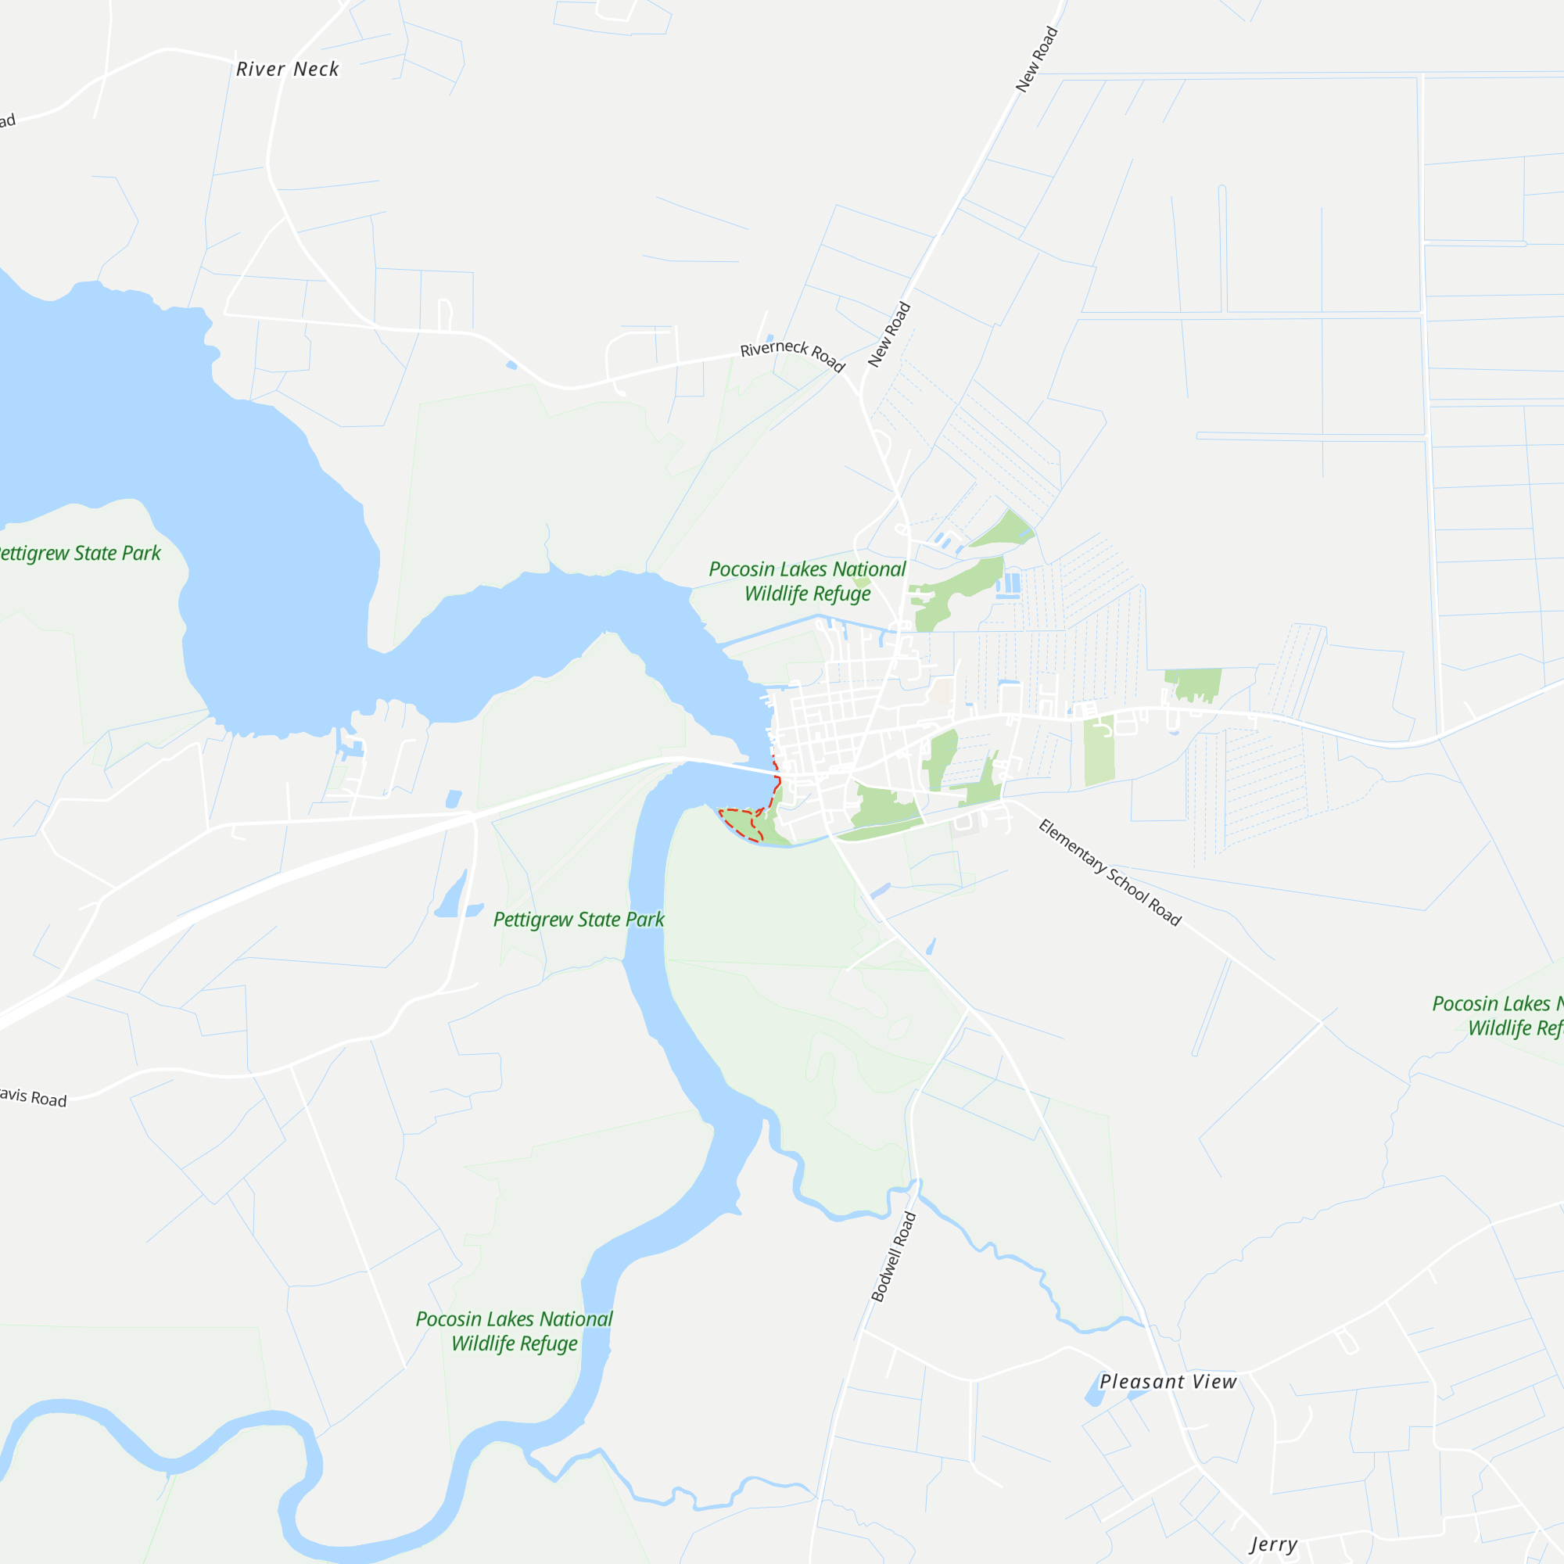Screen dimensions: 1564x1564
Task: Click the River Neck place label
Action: coord(287,70)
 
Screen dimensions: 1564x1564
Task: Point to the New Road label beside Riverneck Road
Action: coord(890,335)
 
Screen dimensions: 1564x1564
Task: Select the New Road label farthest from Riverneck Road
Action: coord(1036,60)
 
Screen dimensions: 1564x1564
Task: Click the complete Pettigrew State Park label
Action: coord(579,920)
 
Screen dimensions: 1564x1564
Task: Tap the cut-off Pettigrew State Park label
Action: coord(79,554)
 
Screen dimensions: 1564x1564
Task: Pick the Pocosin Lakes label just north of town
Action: coord(807,581)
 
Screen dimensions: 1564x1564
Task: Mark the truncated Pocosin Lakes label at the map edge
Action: coord(1498,1016)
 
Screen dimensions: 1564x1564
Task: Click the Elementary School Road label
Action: coord(1110,873)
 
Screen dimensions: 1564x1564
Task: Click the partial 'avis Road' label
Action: coord(33,1098)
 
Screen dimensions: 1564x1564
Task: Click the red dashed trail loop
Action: coord(741,823)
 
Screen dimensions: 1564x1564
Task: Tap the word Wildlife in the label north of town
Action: coord(776,594)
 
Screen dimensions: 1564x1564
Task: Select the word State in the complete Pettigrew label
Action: coord(600,920)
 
